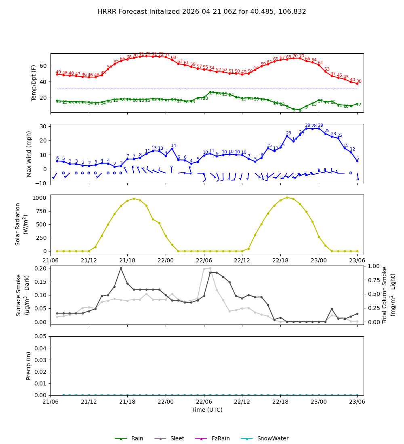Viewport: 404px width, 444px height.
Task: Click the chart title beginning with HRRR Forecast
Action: pyautogui.click(x=202, y=12)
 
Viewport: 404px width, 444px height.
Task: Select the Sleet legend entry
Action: pyautogui.click(x=177, y=438)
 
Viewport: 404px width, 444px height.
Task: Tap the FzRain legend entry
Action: pyautogui.click(x=221, y=438)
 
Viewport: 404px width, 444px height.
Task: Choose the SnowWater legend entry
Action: pyautogui.click(x=273, y=438)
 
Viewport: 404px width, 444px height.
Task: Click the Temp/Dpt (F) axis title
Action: pyautogui.click(x=34, y=83)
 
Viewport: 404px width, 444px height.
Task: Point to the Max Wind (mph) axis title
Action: pyautogui.click(x=29, y=153)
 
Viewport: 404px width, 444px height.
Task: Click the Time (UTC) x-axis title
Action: pyautogui.click(x=207, y=410)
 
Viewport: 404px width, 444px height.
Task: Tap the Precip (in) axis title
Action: pyautogui.click(x=29, y=366)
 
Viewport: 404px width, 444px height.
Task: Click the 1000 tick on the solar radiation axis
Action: pyautogui.click(x=40, y=198)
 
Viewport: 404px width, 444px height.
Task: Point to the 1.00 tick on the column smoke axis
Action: pyautogui.click(x=373, y=266)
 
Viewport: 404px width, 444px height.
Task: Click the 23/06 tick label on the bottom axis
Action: pyautogui.click(x=357, y=402)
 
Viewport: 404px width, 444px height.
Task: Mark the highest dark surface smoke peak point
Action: pyautogui.click(x=121, y=268)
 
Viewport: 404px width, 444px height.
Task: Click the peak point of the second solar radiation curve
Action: pyautogui.click(x=287, y=197)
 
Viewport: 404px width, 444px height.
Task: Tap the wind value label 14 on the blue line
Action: pyautogui.click(x=173, y=146)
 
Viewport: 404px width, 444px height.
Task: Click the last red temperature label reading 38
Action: pyautogui.click(x=359, y=82)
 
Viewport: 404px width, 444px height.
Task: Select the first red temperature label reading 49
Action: pyautogui.click(x=58, y=72)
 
